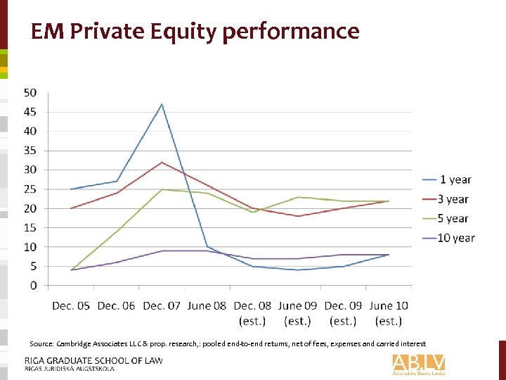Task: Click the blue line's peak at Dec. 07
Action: pos(162,104)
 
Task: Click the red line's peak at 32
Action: pos(162,163)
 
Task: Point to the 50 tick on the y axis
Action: pos(31,93)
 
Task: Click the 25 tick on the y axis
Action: pos(31,189)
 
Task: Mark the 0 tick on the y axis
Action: pos(34,286)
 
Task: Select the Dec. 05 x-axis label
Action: pos(72,305)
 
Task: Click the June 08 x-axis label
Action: pos(208,305)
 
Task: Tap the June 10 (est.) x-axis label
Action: pos(389,313)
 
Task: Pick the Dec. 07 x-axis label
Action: pos(162,305)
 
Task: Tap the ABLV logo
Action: pos(419,364)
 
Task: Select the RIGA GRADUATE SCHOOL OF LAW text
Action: pos(93,360)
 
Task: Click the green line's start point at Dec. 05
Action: pos(72,270)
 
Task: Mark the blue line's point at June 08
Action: pos(207,247)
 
